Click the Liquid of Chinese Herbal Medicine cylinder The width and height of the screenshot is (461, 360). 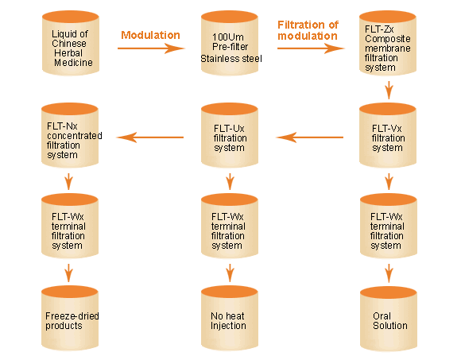pyautogui.click(x=71, y=43)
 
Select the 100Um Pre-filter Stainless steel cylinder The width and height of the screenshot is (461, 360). pyautogui.click(x=230, y=43)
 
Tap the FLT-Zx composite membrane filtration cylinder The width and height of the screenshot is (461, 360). pyautogui.click(x=388, y=43)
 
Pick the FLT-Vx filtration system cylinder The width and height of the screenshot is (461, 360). pyautogui.click(x=388, y=135)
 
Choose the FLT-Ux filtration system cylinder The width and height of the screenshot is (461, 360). pyautogui.click(x=230, y=135)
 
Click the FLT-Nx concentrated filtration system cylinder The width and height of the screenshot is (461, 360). pyautogui.click(x=70, y=135)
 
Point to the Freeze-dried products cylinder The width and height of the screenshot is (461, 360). pyautogui.click(x=70, y=319)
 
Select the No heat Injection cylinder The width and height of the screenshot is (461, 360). pyautogui.click(x=230, y=319)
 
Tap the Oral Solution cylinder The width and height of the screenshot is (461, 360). pyautogui.click(x=389, y=319)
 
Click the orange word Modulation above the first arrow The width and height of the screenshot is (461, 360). pyautogui.click(x=150, y=35)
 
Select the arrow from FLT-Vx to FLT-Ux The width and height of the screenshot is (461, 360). pyautogui.click(x=310, y=137)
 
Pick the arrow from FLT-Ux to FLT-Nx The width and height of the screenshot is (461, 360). pyautogui.click(x=150, y=137)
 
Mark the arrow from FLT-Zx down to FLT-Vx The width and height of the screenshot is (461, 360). pyautogui.click(x=389, y=90)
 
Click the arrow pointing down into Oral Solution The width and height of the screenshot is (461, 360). pyautogui.click(x=389, y=273)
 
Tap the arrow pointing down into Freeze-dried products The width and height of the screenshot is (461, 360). pyautogui.click(x=69, y=273)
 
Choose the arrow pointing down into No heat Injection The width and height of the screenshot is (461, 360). pyautogui.click(x=230, y=273)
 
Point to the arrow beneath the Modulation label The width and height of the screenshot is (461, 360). pyautogui.click(x=151, y=48)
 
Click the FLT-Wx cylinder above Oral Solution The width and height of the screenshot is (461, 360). pyautogui.click(x=389, y=226)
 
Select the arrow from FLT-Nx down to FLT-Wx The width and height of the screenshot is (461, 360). pyautogui.click(x=69, y=182)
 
